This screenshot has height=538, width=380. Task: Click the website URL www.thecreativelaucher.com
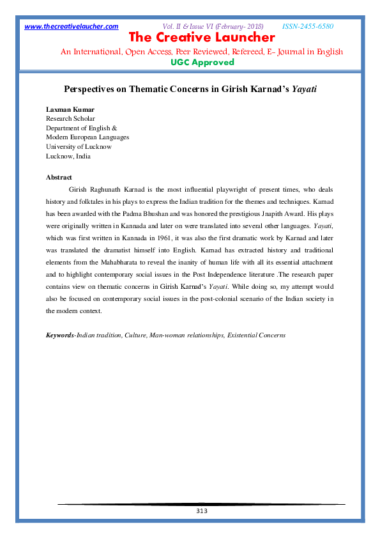pos(72,26)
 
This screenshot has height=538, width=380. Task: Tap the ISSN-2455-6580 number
pos(308,26)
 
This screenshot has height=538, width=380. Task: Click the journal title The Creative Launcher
pos(202,38)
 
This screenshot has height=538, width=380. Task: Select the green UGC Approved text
pos(202,62)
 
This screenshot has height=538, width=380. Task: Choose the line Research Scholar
pos(70,119)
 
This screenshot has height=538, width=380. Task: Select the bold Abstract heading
pos(59,177)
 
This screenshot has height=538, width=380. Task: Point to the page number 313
pos(201,511)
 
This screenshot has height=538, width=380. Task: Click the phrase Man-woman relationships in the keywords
pos(185,335)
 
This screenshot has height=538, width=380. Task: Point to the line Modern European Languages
pos(87,137)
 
